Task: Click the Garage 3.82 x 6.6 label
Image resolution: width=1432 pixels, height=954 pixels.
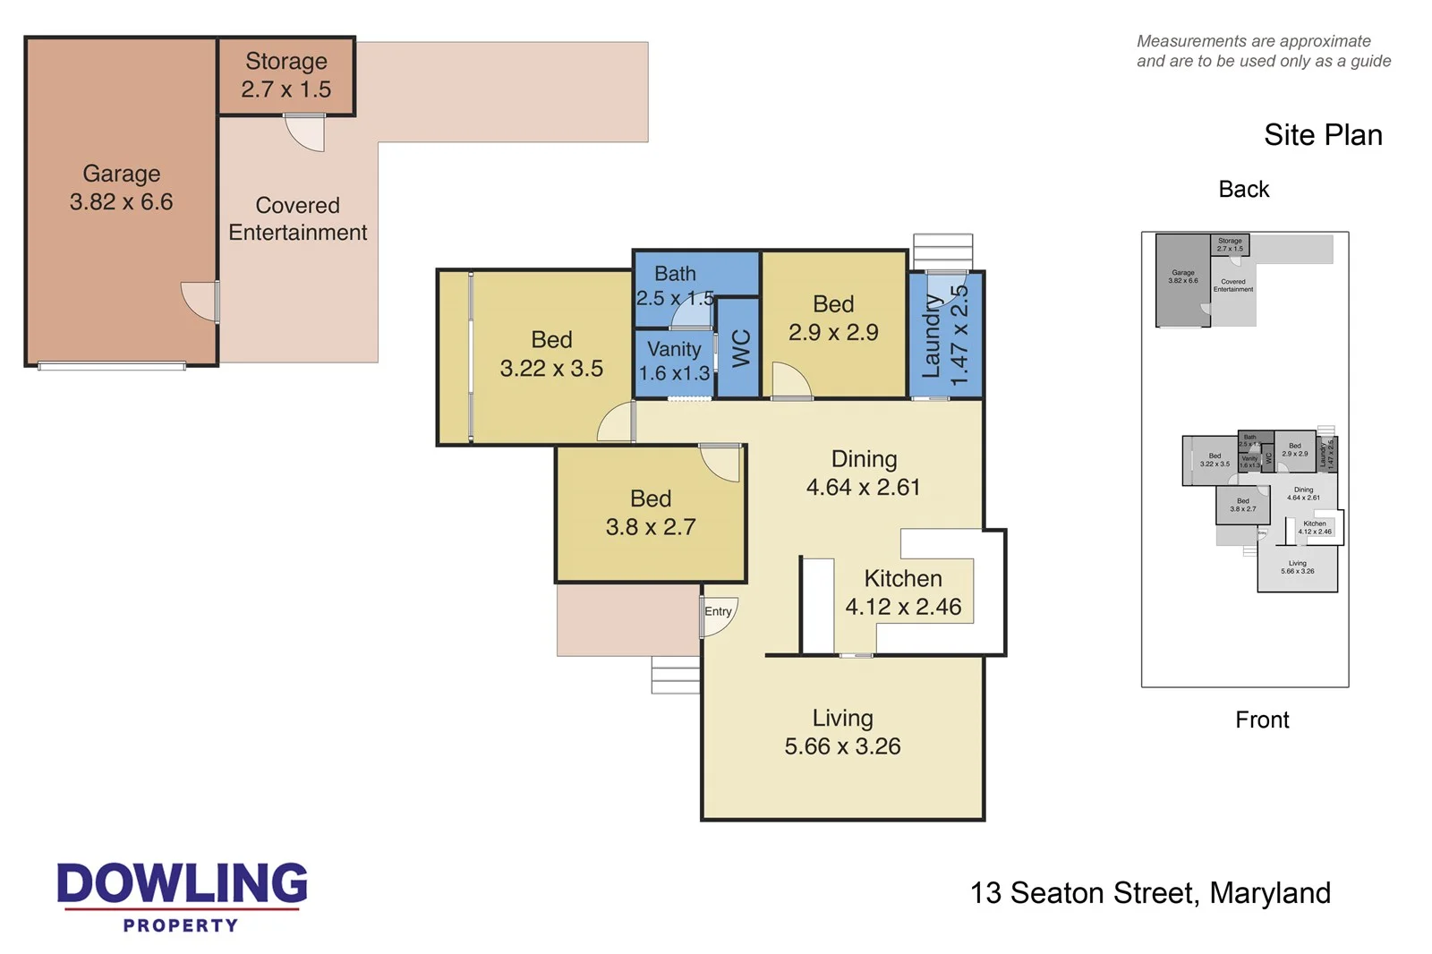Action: (122, 188)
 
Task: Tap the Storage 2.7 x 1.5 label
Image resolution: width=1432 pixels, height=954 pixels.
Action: (286, 75)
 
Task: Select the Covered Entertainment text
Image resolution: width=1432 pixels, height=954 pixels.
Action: (297, 218)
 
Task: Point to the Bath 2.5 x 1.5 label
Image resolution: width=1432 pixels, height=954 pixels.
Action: (675, 285)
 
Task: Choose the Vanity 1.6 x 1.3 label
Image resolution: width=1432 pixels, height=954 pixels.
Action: (674, 361)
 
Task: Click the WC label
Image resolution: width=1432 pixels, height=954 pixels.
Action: (741, 348)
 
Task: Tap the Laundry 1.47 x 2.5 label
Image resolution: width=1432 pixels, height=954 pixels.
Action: (945, 335)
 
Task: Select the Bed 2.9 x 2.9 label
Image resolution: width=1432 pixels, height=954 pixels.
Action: (833, 318)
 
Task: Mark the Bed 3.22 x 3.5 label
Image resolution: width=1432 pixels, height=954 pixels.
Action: (551, 353)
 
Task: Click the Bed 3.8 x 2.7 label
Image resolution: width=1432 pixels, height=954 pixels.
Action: (651, 513)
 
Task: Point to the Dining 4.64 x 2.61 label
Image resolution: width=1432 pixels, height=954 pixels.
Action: (864, 473)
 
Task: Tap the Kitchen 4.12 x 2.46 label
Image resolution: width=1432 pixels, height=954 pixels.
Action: (903, 592)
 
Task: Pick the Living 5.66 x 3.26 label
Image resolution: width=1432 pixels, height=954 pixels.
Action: (842, 732)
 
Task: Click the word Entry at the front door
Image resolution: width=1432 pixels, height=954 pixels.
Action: (718, 611)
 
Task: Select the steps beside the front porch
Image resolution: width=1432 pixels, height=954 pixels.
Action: (675, 675)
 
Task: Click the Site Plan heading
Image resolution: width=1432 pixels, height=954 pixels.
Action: (1323, 135)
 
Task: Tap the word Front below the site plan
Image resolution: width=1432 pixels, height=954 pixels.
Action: (1262, 720)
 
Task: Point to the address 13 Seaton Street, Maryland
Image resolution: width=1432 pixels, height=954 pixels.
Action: (1150, 893)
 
